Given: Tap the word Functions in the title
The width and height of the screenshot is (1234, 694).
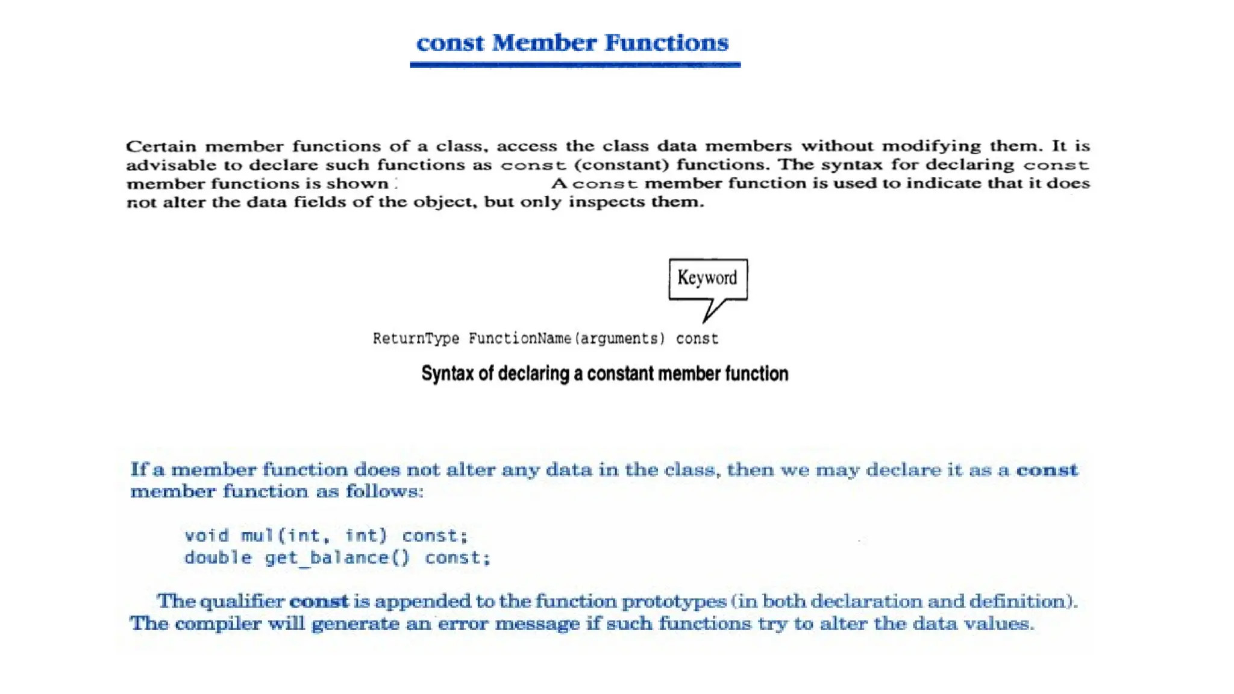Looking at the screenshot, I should tap(666, 43).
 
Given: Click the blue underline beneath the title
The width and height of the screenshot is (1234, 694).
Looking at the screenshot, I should tap(575, 64).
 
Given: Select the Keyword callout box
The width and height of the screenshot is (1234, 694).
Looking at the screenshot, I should tap(708, 278).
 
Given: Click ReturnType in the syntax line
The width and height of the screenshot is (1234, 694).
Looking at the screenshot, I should tap(416, 339).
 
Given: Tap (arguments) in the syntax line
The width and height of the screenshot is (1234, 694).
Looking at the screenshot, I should tap(619, 339).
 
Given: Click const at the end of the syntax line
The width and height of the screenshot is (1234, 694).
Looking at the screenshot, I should tap(697, 339).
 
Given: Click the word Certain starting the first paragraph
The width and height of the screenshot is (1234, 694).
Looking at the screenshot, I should tap(161, 146).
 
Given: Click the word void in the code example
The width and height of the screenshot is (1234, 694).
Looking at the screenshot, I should tap(207, 536).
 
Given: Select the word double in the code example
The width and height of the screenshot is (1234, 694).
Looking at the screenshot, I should tap(218, 558).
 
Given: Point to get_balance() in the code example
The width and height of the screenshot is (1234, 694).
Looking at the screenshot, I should tap(337, 558).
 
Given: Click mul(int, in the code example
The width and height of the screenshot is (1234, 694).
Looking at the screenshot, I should tap(285, 536).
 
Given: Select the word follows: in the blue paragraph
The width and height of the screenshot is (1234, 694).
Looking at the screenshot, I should tap(384, 492).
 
